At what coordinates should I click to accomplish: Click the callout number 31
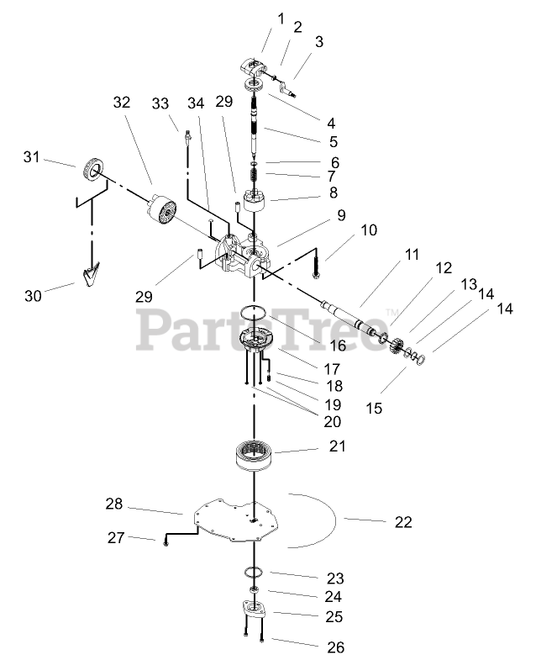31,156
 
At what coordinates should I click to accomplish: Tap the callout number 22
403,522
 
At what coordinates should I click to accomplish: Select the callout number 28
114,504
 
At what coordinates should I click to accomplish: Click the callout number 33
160,103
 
